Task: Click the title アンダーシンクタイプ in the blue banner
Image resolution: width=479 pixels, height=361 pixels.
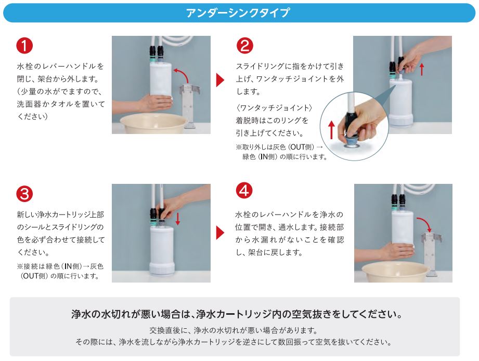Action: tap(238, 13)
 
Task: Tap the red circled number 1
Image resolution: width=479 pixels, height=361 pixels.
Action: tap(24, 46)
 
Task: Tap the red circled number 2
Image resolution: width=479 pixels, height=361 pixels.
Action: tap(244, 46)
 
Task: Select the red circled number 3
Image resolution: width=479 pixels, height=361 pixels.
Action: tap(24, 194)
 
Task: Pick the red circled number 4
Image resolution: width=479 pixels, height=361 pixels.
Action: tap(244, 191)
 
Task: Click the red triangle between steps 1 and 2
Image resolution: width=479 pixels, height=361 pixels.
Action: tap(220, 80)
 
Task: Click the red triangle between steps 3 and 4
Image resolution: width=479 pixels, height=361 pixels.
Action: tap(220, 233)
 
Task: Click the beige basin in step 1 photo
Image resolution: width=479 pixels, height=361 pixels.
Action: tap(153, 123)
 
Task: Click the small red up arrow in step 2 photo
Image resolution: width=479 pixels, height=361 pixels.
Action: tap(422, 69)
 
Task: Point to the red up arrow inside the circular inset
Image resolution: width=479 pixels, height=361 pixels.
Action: tap(332, 129)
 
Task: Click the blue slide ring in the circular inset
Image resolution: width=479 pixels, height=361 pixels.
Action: tap(351, 141)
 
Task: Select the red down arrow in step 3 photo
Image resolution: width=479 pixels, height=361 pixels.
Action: tap(178, 219)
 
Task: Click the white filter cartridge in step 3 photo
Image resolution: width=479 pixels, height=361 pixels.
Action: tap(162, 251)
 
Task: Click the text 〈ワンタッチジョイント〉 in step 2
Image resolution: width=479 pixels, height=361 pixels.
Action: tap(274, 108)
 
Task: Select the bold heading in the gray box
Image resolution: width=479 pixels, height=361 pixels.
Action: tap(237, 314)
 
